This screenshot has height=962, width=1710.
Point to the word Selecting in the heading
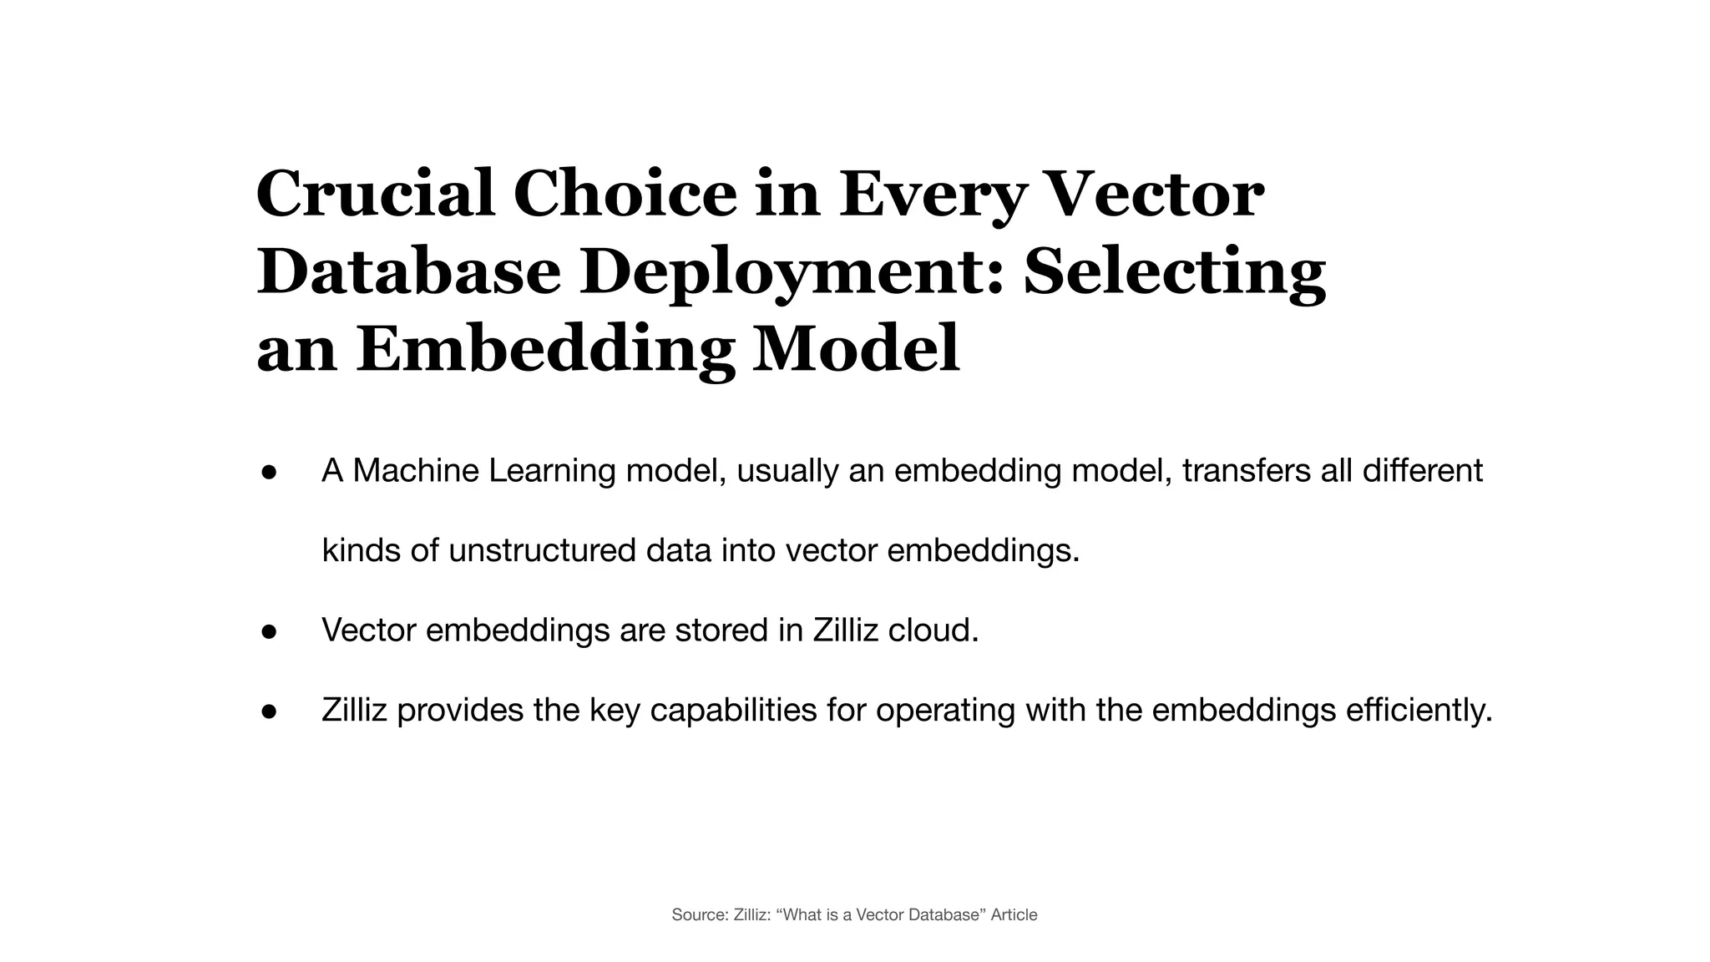point(1174,272)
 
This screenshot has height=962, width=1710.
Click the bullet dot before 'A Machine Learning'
point(269,472)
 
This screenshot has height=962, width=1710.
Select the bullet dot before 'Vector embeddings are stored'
point(269,631)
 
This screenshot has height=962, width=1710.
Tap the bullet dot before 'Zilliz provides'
point(269,711)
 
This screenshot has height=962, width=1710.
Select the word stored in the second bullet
point(721,630)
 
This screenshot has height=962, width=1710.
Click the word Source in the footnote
point(700,915)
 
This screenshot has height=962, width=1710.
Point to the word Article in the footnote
point(1014,915)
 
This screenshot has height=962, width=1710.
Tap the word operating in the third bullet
point(944,711)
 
